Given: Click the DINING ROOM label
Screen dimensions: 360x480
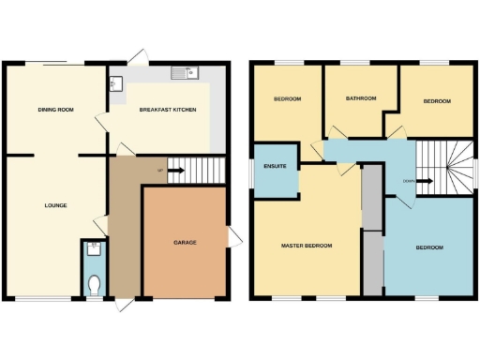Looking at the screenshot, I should point(56,110).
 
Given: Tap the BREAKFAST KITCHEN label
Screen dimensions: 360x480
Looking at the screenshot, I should point(167,110).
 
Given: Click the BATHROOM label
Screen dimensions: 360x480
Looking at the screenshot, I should point(360,97).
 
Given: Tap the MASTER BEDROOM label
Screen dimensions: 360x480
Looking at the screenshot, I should point(307,246).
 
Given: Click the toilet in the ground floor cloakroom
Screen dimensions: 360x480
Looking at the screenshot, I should point(93,282).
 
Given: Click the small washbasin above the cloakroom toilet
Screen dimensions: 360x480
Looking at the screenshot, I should point(93,248).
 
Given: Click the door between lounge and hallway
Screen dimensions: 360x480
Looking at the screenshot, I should point(102,226).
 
